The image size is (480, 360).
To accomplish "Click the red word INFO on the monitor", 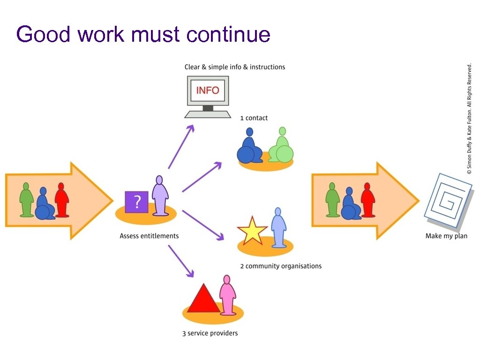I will pos(208,90).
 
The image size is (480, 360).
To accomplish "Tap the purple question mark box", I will pos(136,202).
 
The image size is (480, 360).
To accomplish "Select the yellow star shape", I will pos(252,231).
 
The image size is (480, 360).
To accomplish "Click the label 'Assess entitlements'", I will pos(149,236).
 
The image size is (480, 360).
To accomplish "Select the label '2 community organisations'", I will pos(281,266).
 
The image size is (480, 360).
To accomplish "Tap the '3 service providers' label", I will pos(210,333).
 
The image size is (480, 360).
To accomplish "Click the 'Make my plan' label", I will pos(446,236).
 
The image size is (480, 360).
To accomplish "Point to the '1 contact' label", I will pos(254,118).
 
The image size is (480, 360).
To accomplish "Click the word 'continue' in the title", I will pos(228,35).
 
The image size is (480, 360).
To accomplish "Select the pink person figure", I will pos(227,295).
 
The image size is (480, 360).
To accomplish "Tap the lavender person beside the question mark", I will pos(160,196).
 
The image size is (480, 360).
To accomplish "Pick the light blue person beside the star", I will pos(278,228).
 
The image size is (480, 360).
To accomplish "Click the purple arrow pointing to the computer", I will pos(181,146).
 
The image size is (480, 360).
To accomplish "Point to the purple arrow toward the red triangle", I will pos(181,261).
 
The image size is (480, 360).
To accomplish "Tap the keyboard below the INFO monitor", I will pos(208,114).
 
